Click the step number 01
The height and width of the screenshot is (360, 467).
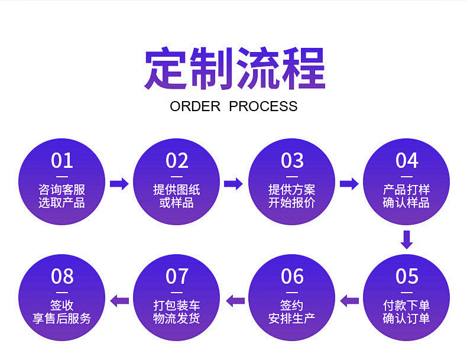pyautogui.click(x=62, y=161)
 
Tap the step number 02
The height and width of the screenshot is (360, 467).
pyautogui.click(x=177, y=161)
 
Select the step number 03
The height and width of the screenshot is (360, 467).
pyautogui.click(x=292, y=161)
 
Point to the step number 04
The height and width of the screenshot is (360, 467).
pyautogui.click(x=407, y=161)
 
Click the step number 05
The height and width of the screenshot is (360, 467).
pyautogui.click(x=407, y=276)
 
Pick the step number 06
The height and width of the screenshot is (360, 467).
pyautogui.click(x=292, y=276)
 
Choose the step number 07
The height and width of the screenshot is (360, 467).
pyautogui.click(x=177, y=276)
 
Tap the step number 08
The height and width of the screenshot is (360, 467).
pyautogui.click(x=62, y=276)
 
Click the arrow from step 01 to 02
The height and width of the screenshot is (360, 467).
pyautogui.click(x=119, y=184)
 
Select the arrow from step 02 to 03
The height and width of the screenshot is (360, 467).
pyautogui.click(x=234, y=184)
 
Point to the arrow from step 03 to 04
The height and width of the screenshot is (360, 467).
pyautogui.click(x=349, y=184)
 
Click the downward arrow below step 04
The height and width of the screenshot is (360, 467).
pyautogui.click(x=407, y=239)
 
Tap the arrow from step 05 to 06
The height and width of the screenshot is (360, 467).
pyautogui.click(x=349, y=300)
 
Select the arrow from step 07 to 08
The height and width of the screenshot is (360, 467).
pyautogui.click(x=120, y=300)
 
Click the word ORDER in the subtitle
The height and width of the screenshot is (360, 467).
pyautogui.click(x=195, y=106)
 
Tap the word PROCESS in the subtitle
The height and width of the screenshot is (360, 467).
pyautogui.click(x=263, y=106)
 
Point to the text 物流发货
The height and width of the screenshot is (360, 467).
pyautogui.click(x=177, y=319)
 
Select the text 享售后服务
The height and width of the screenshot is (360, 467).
pyautogui.click(x=62, y=319)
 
